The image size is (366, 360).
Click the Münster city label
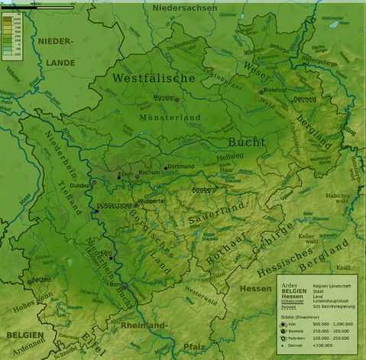coord(164,98)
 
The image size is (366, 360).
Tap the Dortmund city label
coord(181,166)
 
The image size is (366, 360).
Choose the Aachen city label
coord(42,281)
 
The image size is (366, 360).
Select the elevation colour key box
coord(11,34)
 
